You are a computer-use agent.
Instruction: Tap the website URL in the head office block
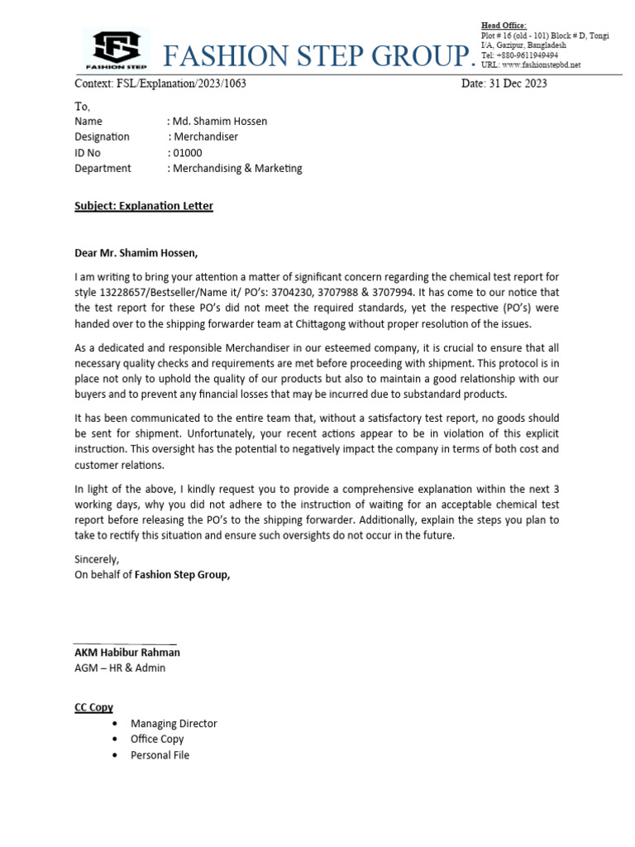(531, 65)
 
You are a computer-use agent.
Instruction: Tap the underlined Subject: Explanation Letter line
(144, 205)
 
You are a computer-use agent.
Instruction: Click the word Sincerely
(97, 559)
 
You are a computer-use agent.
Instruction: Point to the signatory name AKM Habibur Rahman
(127, 652)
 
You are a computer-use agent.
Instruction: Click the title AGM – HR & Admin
(120, 668)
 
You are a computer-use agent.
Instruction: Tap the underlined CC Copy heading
(93, 707)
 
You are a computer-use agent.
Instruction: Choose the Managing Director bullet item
(174, 723)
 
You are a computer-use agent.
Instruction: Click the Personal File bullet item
(160, 754)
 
